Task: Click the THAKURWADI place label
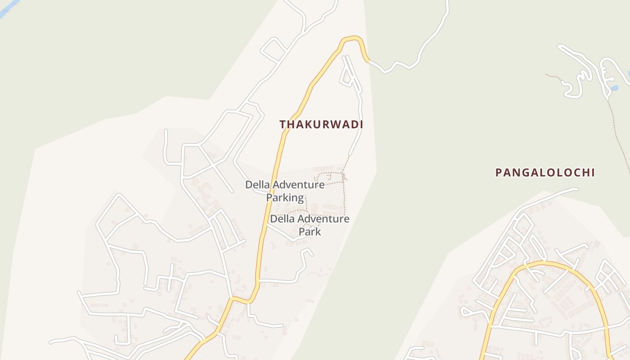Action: pos(321,125)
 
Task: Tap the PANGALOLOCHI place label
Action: pos(545,172)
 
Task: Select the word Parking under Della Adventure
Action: pos(285,198)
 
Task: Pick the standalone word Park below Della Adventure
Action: pos(310,232)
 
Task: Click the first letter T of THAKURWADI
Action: pos(283,125)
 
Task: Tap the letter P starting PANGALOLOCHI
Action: pos(499,172)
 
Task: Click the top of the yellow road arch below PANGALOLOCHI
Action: pos(544,263)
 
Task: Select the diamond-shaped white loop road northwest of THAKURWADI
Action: pos(274,49)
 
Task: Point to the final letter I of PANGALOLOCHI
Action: pos(593,172)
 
